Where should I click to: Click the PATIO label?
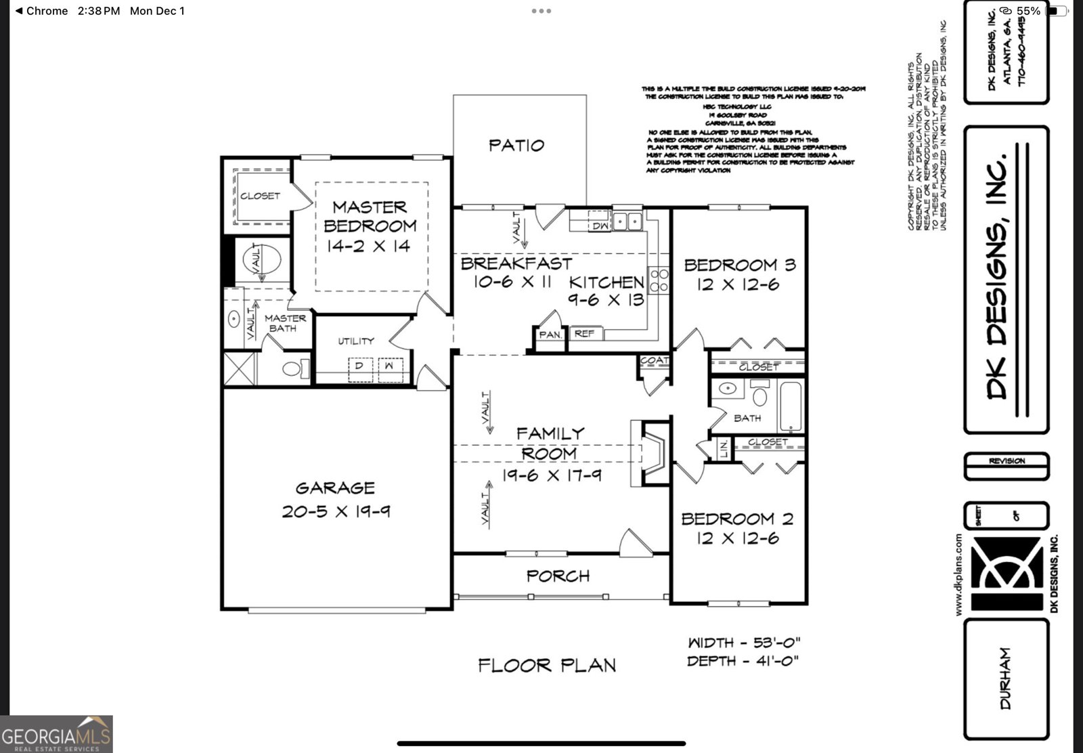click(516, 145)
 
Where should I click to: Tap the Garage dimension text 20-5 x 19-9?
click(336, 511)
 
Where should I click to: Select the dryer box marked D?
click(360, 366)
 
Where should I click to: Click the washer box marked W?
click(389, 366)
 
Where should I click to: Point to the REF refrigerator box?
click(584, 333)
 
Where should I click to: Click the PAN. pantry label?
click(550, 335)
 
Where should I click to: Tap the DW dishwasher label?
click(600, 226)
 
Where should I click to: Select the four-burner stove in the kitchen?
click(659, 280)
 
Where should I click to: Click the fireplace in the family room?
click(651, 452)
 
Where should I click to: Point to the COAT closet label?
click(654, 361)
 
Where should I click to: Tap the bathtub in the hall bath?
click(790, 406)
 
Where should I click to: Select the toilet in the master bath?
click(294, 369)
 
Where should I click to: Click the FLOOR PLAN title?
click(547, 666)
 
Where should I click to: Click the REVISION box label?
click(1007, 461)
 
